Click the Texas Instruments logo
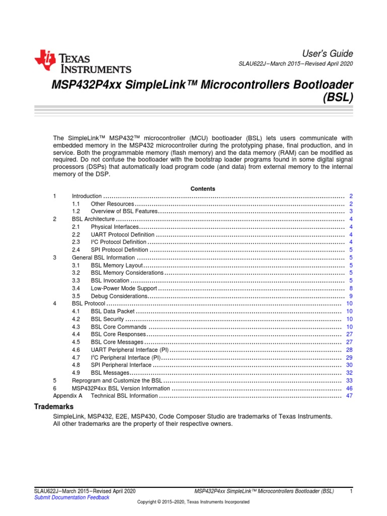click(83, 62)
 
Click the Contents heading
click(203, 188)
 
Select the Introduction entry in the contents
click(87, 196)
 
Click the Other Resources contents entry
click(112, 204)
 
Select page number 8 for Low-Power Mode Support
click(350, 288)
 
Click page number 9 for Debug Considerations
click(350, 296)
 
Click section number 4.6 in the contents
click(76, 350)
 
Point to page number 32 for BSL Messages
click(349, 373)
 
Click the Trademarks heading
click(53, 407)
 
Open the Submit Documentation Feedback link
click(71, 497)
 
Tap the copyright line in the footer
click(193, 502)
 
